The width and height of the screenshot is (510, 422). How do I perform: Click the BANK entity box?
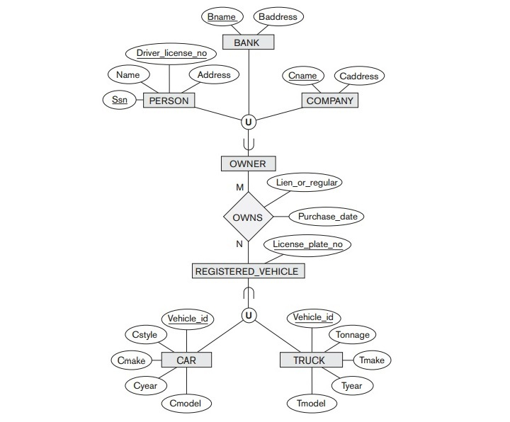coord(248,42)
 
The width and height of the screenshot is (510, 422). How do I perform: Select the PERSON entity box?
coord(169,101)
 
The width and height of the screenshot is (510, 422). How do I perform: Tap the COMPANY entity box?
coord(329,101)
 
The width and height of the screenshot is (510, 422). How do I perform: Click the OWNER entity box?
coord(248,164)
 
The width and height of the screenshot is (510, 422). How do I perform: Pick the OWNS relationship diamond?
coord(248,217)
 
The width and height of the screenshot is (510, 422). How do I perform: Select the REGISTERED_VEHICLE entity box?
coord(248,270)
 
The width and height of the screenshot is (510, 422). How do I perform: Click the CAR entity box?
coord(186,360)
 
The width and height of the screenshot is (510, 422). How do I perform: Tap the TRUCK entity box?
coord(309,360)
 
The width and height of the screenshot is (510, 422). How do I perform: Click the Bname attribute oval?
coord(222,16)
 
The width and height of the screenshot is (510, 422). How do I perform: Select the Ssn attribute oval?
coord(119,100)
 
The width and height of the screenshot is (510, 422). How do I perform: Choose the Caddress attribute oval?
coord(358,76)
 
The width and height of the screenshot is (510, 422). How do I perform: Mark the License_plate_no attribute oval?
coord(307,245)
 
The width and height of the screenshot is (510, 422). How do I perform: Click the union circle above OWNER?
coord(248,122)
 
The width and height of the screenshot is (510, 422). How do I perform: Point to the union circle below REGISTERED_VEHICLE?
coord(248,316)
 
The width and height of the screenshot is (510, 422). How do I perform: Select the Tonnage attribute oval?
coord(352,334)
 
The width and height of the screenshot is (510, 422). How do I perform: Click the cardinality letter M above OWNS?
coord(239,188)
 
